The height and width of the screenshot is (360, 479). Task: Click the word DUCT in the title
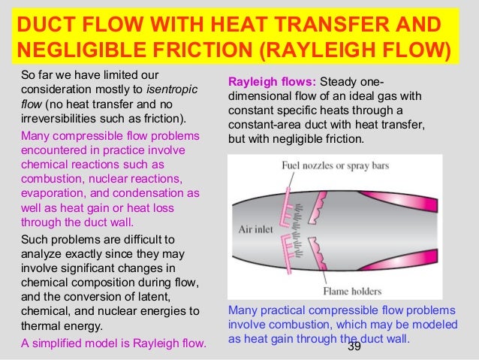(x=42, y=24)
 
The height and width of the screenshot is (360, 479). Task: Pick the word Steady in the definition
(x=342, y=81)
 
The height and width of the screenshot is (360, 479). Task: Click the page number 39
(x=354, y=347)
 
